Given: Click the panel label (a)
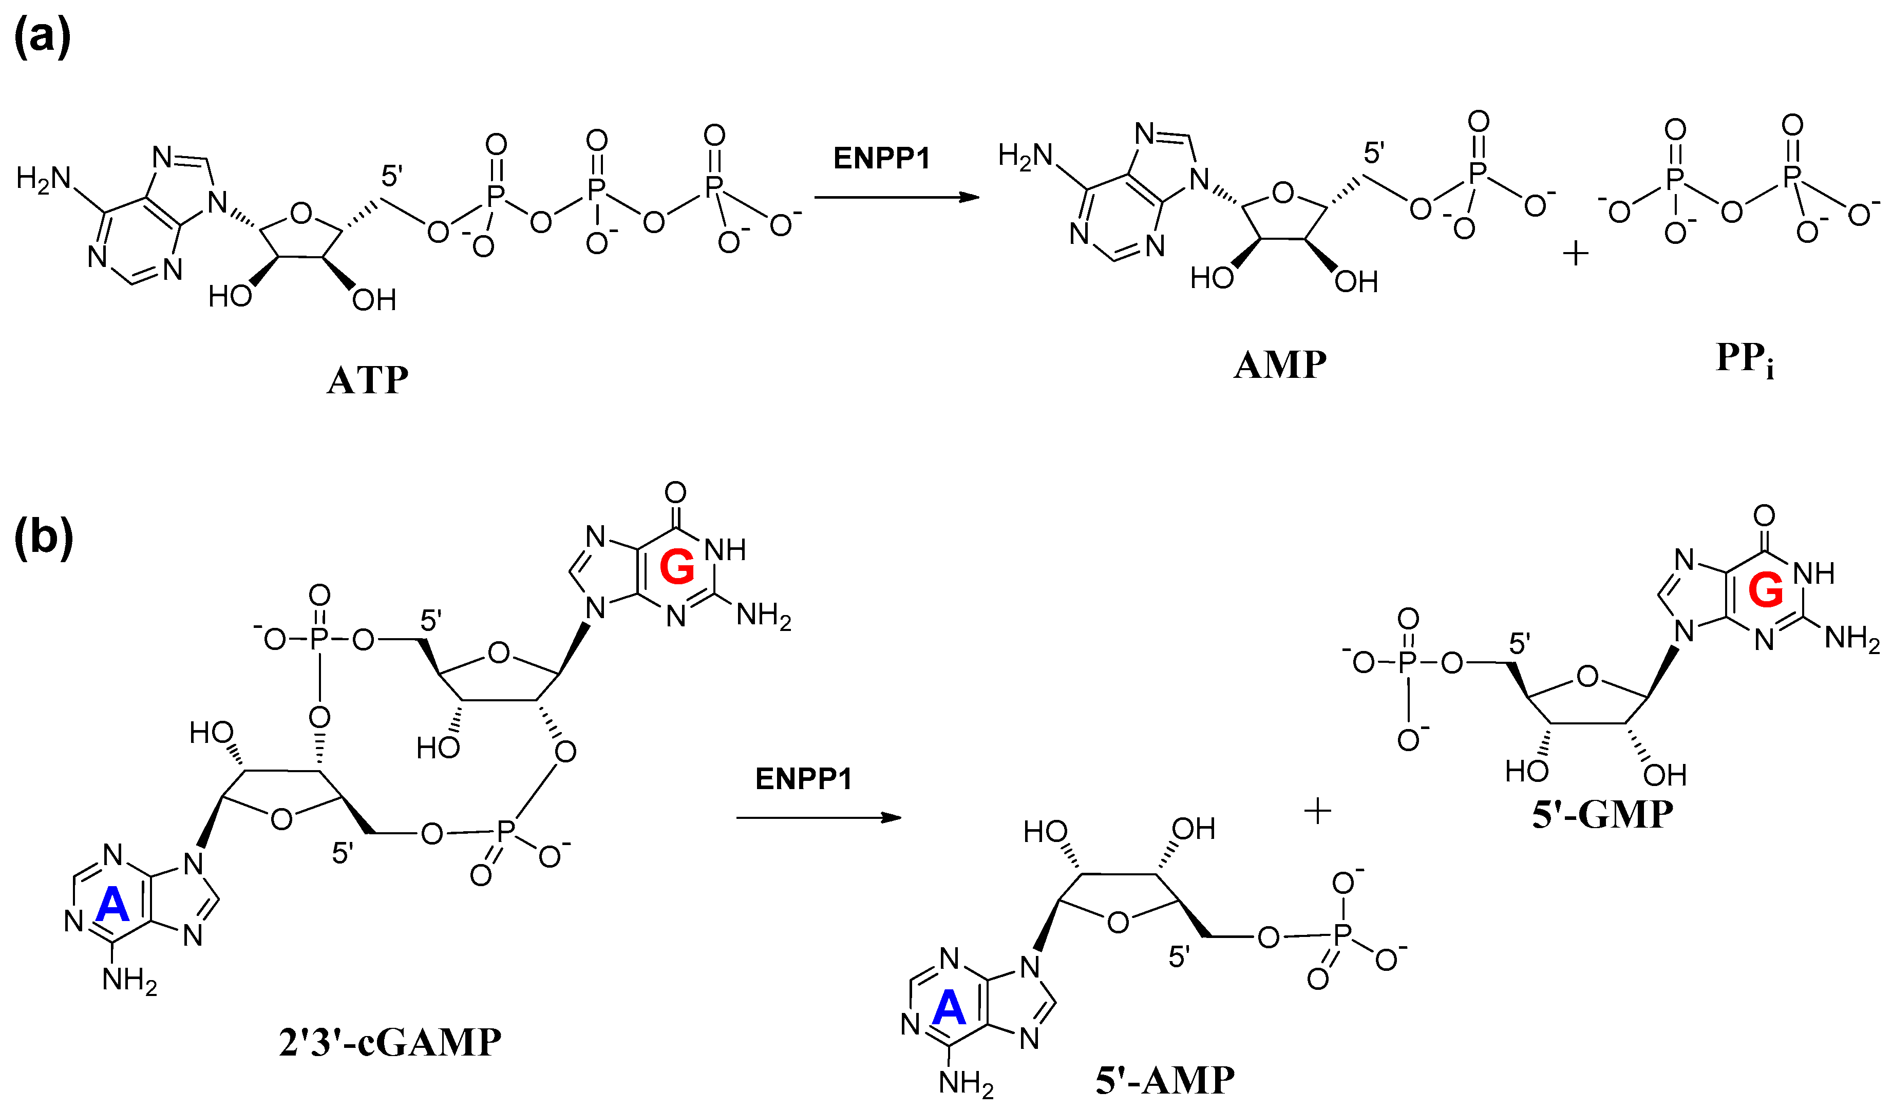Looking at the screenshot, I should coord(42,36).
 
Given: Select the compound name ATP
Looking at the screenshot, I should coord(368,380).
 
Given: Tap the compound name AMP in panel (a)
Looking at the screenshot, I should coord(1280,366).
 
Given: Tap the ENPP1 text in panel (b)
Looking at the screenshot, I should coord(803,779).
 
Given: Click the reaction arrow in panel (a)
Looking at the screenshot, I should coord(897,198).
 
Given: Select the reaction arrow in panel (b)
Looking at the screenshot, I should coord(818,817).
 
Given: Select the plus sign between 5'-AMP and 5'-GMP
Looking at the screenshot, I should coord(1318,811).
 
